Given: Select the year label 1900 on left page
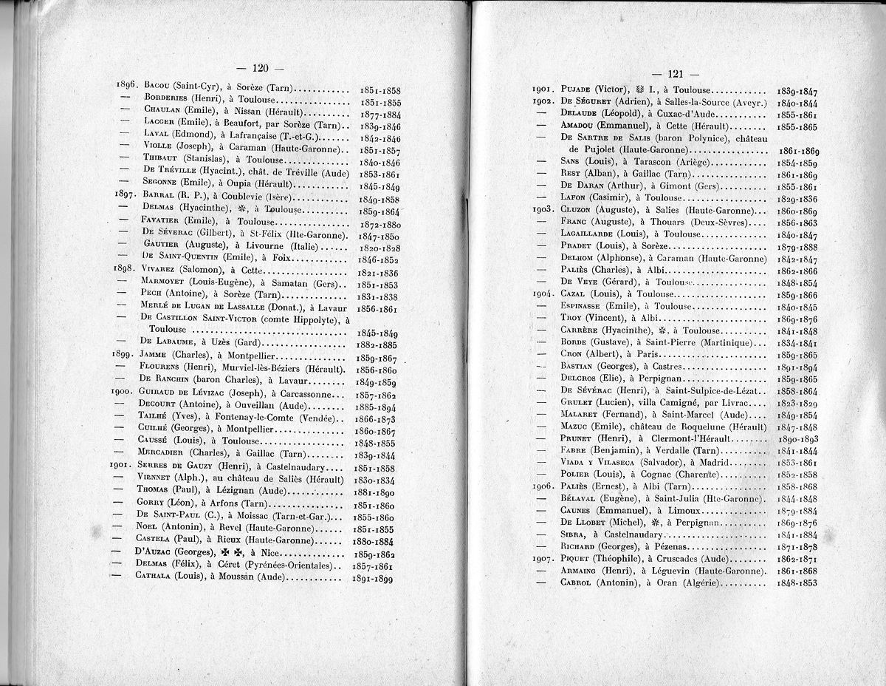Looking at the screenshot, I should [x=120, y=391].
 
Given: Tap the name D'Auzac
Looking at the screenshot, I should [x=157, y=552].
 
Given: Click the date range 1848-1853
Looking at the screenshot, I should [x=797, y=583].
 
